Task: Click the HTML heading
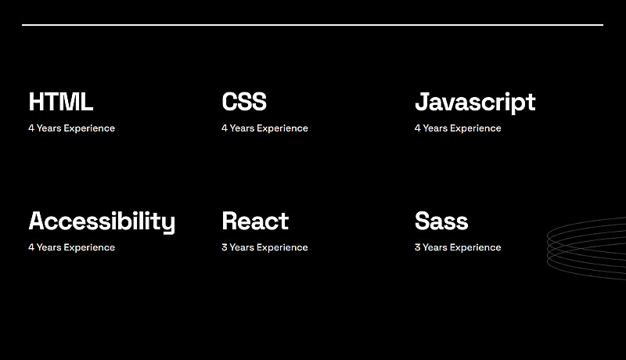(61, 102)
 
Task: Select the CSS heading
(244, 102)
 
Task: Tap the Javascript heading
(475, 103)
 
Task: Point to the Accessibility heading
(102, 222)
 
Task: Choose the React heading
(255, 221)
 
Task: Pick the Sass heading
(441, 221)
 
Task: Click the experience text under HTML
(71, 128)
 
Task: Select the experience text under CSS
(264, 128)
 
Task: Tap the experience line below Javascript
(458, 128)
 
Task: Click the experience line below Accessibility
(71, 247)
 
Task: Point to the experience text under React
(264, 247)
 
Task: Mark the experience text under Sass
(458, 247)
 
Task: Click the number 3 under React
(225, 247)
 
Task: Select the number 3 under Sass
(418, 247)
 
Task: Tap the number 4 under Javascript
(418, 128)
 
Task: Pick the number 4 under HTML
(31, 128)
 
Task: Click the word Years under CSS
(242, 128)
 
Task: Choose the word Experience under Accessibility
(89, 247)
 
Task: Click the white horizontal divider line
(312, 25)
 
